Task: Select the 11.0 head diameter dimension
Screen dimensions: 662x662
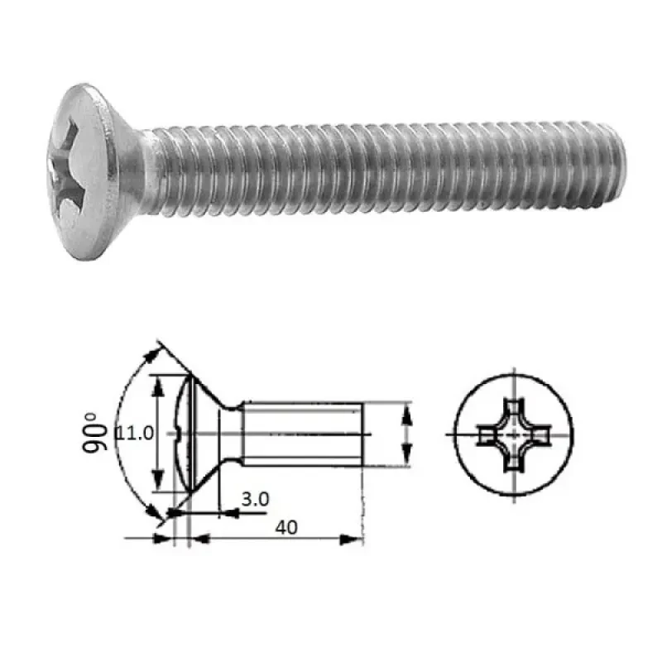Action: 135,433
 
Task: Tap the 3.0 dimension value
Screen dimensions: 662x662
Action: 254,499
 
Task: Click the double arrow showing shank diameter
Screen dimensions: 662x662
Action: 405,433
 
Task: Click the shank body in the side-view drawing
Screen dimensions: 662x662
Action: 302,431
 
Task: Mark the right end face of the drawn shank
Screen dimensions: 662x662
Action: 362,431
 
